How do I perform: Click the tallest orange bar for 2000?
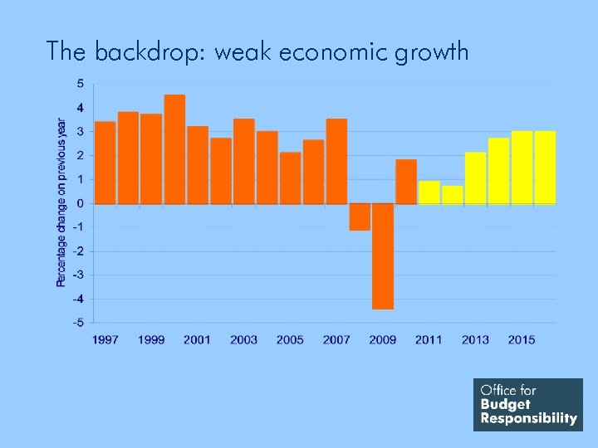coord(174,149)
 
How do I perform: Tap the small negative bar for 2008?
coord(360,217)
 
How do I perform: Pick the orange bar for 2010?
coord(406,182)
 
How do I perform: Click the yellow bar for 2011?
coord(429,192)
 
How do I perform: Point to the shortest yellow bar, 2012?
coord(453,195)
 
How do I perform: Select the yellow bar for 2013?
coord(475,178)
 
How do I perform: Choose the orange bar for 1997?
coord(105,163)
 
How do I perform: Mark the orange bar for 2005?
coord(290,178)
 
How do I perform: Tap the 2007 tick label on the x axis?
coord(336,339)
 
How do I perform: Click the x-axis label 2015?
coord(522,339)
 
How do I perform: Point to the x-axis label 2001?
coord(197,339)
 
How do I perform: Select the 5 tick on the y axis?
coord(80,83)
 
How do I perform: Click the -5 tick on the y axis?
coord(77,322)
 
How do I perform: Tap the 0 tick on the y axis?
coord(80,202)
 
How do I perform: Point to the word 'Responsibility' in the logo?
coord(528,418)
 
